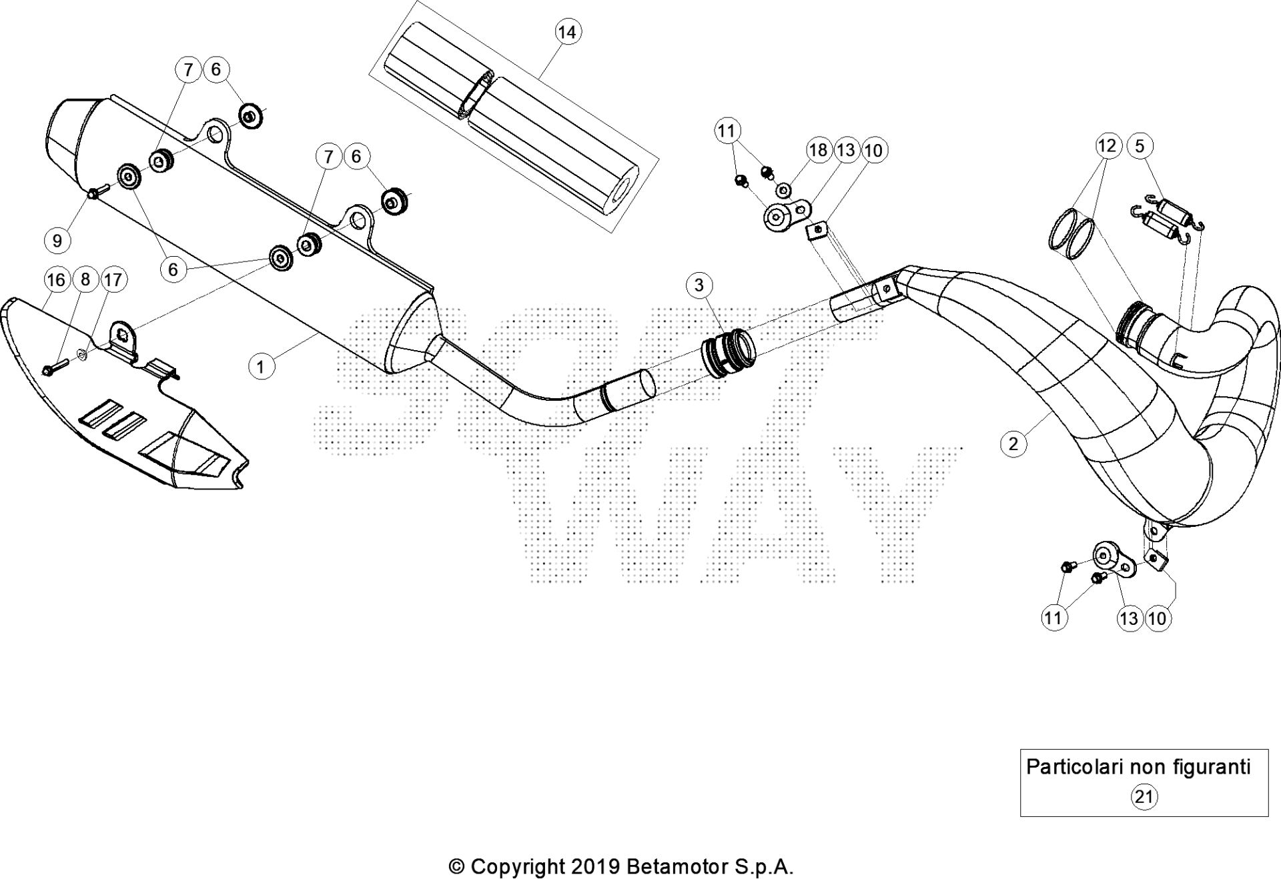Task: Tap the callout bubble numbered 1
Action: [261, 366]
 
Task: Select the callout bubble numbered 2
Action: [1013, 444]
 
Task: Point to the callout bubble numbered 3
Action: [699, 285]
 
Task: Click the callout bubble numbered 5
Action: [1140, 146]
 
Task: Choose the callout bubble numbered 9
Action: [57, 240]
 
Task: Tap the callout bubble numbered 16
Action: [57, 279]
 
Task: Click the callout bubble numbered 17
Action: [113, 279]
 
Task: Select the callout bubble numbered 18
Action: [818, 150]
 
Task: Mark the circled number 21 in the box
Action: [1144, 796]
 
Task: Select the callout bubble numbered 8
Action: [85, 279]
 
